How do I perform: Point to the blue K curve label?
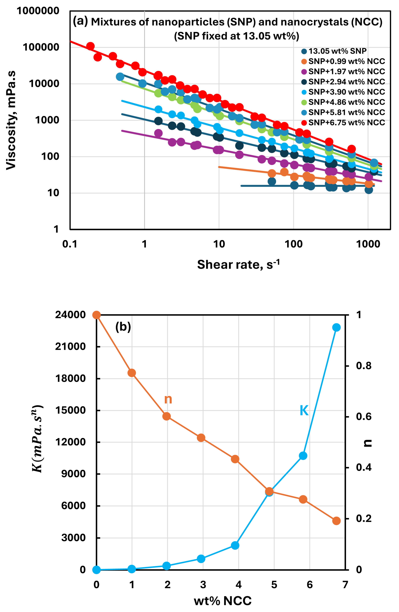[304, 410]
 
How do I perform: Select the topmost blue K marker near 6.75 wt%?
[336, 327]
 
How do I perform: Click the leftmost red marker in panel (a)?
[90, 46]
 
